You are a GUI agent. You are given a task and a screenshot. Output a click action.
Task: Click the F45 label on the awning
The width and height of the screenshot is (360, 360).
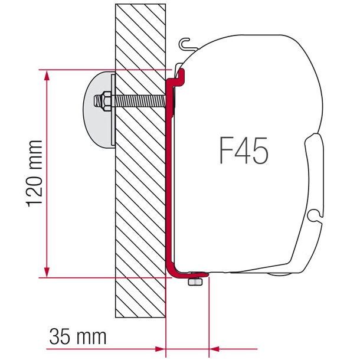(244, 152)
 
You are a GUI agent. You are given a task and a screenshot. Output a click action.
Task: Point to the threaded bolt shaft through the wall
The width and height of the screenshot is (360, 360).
(139, 100)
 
